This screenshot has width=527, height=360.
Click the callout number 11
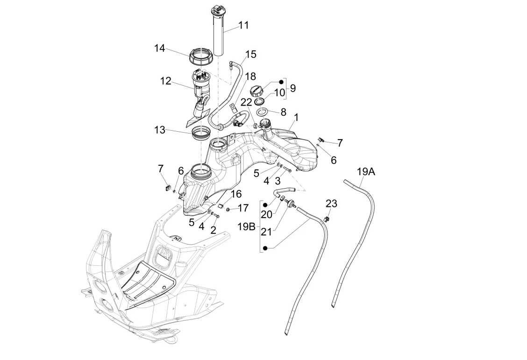244,25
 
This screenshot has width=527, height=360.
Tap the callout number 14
160,49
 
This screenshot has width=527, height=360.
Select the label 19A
366,172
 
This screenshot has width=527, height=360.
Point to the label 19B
247,226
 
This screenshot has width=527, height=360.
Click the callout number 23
331,204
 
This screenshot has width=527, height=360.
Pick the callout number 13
160,130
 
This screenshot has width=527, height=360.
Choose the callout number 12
166,81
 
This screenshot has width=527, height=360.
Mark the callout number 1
296,118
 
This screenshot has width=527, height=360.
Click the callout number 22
246,102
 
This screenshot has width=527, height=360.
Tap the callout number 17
243,208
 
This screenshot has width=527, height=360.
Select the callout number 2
214,230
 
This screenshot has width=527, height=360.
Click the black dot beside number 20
265,205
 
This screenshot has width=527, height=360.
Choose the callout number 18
250,76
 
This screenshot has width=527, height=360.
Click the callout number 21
266,232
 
